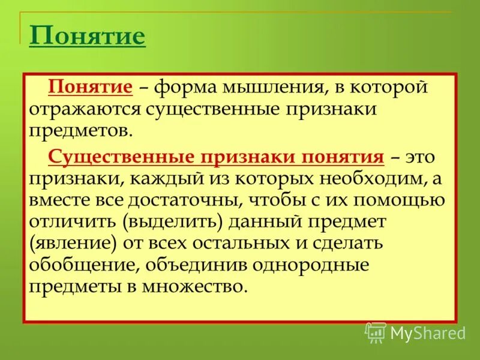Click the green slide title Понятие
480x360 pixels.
pyautogui.click(x=87, y=37)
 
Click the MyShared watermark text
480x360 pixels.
pyautogui.click(x=428, y=332)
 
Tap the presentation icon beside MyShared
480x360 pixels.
pyautogui.click(x=375, y=332)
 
